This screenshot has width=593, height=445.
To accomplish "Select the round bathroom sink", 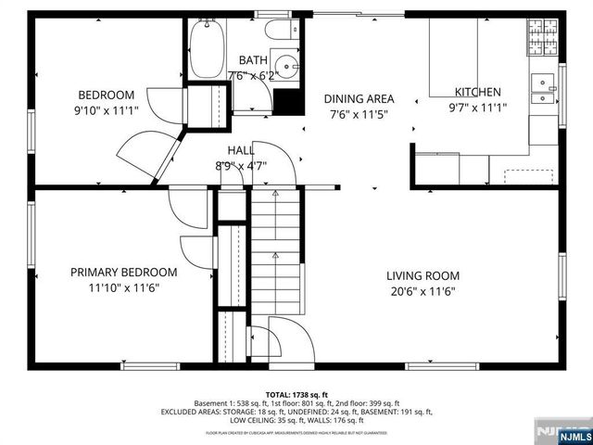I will (289, 67).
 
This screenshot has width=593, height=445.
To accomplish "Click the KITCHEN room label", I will (477, 92).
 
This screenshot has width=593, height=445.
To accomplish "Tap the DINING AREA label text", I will (359, 99).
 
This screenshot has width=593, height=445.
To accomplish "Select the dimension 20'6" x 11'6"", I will (423, 291).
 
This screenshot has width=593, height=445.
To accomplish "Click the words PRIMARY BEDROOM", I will (123, 273).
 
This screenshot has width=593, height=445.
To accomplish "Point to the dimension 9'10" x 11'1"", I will (107, 110).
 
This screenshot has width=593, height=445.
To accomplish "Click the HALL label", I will (242, 151).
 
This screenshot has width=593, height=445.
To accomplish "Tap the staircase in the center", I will (275, 250).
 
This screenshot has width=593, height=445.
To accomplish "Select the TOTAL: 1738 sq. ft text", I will (296, 394).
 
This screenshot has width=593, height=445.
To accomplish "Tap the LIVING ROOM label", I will (423, 275).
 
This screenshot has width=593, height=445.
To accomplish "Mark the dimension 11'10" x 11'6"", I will (123, 288).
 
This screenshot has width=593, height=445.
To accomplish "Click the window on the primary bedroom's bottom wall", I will (150, 365).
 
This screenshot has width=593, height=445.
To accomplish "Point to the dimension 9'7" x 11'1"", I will (477, 108).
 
